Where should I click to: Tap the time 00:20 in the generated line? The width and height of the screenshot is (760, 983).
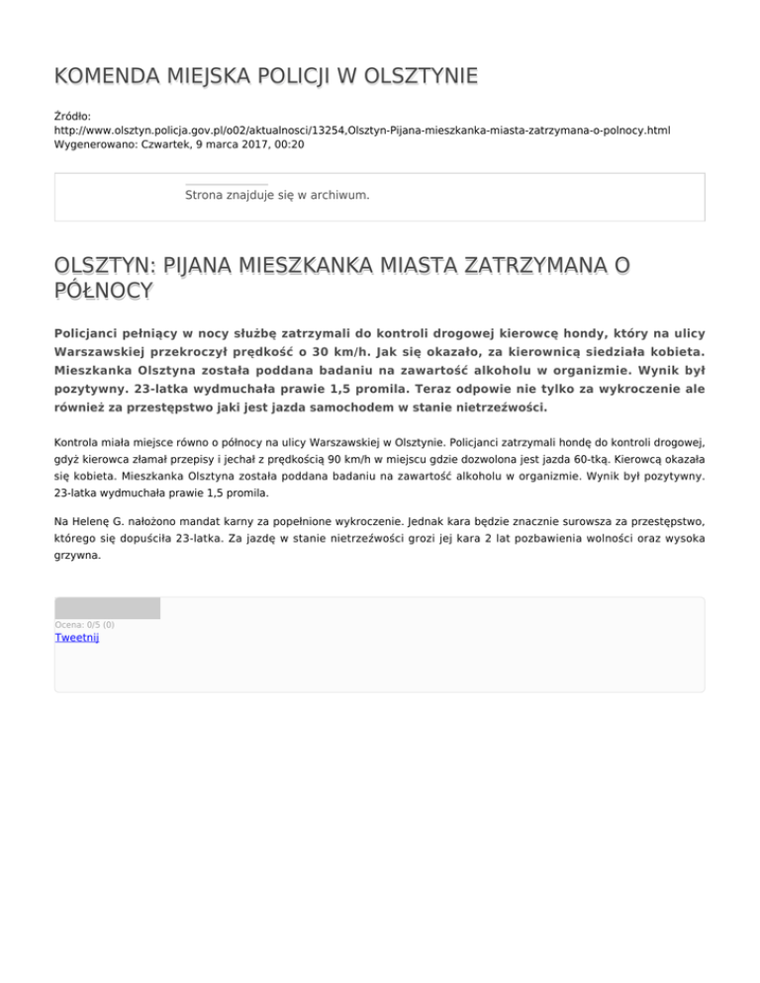(x=288, y=144)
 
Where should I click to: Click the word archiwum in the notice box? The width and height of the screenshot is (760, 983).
(x=338, y=195)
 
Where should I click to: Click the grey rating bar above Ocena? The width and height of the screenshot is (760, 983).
(x=107, y=608)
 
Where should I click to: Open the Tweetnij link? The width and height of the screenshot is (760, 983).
(x=76, y=638)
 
